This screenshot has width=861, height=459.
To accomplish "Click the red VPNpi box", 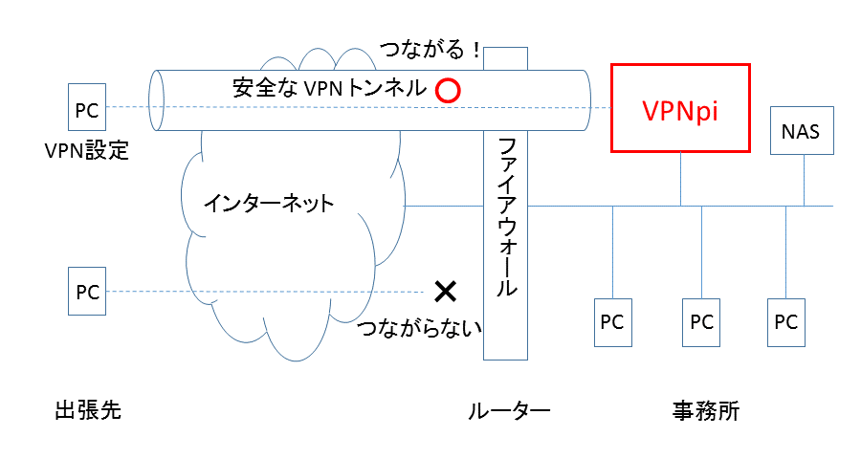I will [680, 108].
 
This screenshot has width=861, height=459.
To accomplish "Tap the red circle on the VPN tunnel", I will [448, 90].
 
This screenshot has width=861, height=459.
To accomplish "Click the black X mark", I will [444, 291].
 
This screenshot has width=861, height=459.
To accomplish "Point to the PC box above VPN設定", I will [87, 108].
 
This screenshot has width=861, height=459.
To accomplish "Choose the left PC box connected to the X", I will [87, 293].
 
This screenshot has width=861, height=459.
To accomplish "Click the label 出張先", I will [87, 411].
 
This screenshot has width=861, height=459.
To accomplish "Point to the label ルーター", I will [509, 412].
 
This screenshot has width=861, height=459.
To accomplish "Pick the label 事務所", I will [706, 412].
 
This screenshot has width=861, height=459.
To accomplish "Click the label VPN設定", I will [86, 151].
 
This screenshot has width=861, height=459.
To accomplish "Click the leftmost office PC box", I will [611, 321].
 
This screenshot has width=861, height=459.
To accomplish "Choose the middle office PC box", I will [701, 321].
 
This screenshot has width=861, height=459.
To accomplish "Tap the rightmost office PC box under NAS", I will [785, 321].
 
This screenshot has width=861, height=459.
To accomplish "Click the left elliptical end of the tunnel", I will [158, 100].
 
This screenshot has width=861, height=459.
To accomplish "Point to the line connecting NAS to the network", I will [804, 180].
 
